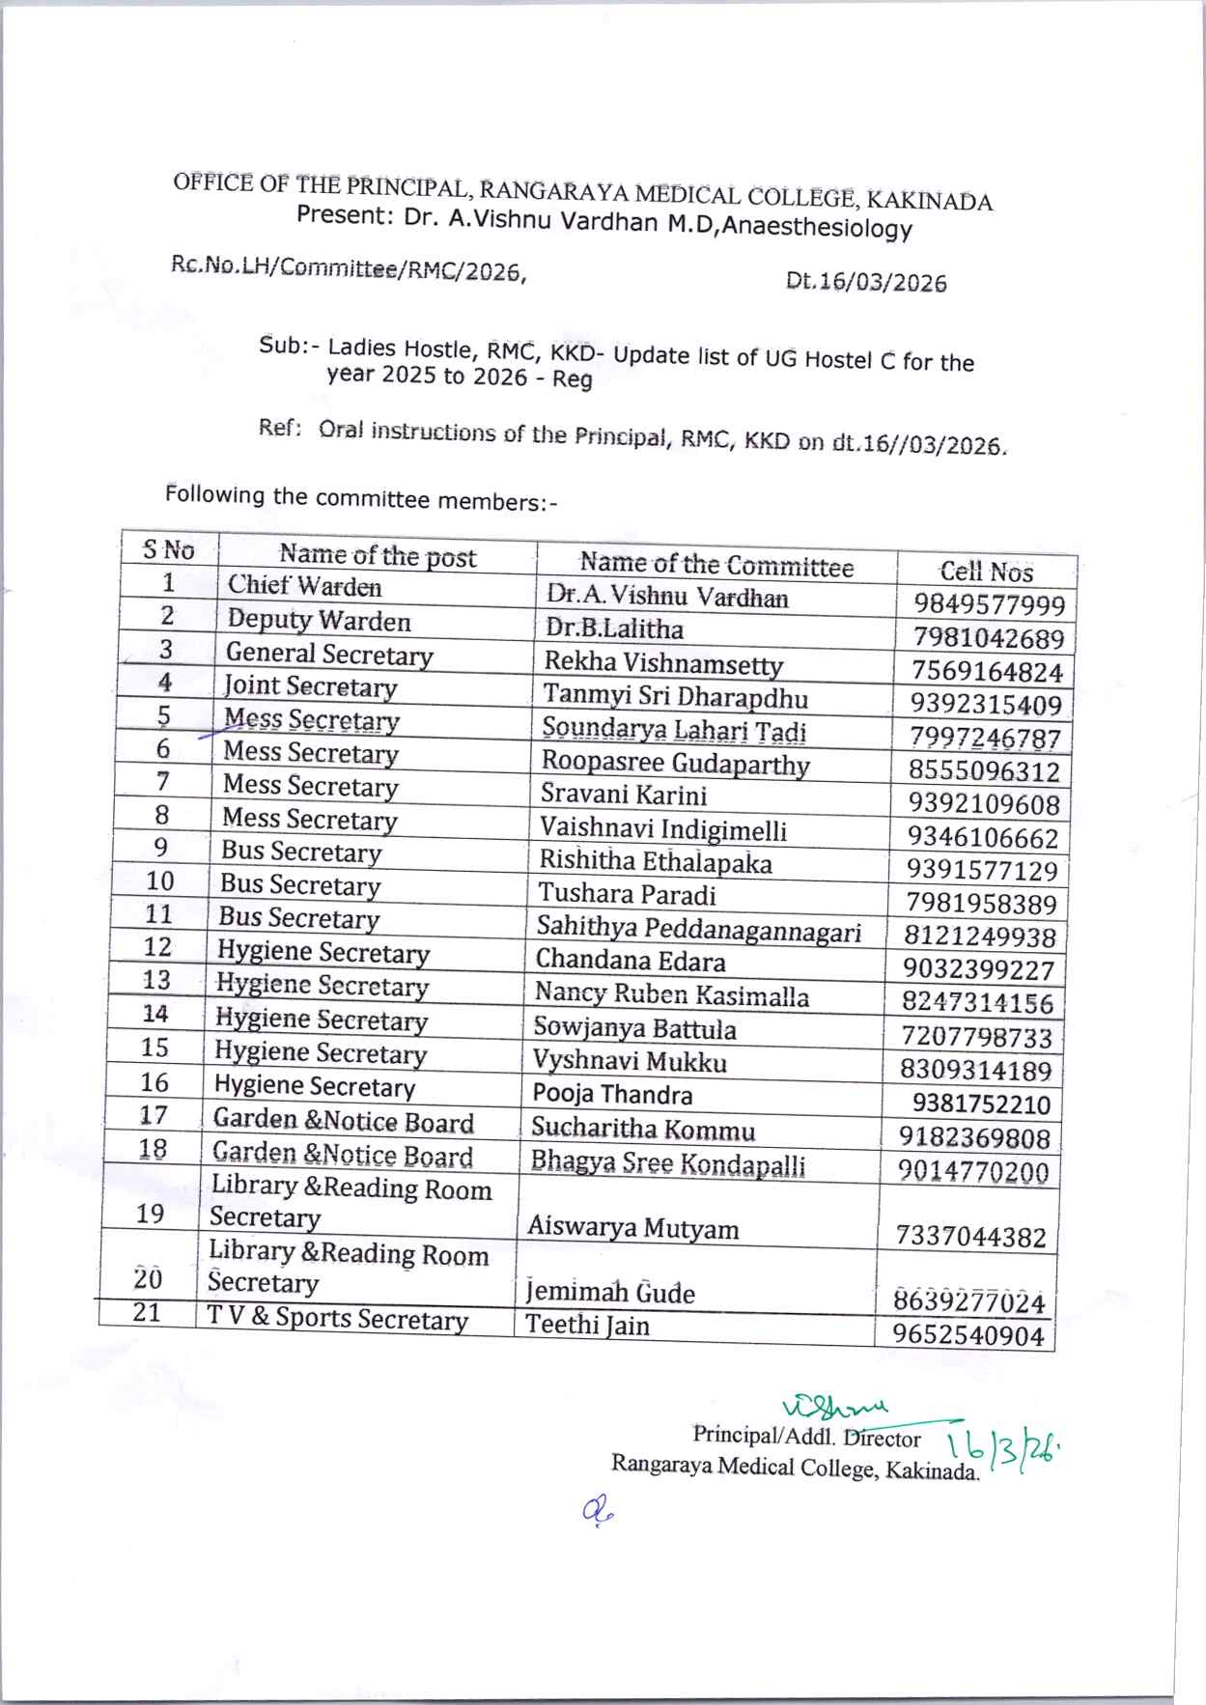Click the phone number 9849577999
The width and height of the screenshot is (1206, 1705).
[x=989, y=605]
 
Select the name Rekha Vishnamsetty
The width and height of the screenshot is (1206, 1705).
[x=663, y=663]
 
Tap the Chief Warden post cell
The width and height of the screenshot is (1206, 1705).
[x=304, y=586]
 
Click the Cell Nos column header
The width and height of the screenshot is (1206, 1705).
[x=986, y=572]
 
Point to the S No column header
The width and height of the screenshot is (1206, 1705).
[x=168, y=550]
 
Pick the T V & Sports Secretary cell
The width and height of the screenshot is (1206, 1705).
[x=338, y=1319]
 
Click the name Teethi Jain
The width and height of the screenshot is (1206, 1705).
[x=587, y=1325]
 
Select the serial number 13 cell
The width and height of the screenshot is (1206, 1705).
[x=155, y=980]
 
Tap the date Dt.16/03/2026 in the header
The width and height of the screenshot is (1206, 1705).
[x=866, y=282]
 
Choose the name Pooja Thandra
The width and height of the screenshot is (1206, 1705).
[x=612, y=1095]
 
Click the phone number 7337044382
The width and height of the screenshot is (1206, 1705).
[x=970, y=1237]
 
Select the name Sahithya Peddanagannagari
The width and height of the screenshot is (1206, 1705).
[x=698, y=929]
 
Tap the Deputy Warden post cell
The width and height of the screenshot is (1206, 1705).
[x=319, y=620]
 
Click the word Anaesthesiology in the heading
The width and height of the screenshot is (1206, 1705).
[x=824, y=228]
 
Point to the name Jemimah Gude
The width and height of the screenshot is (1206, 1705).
[x=609, y=1292]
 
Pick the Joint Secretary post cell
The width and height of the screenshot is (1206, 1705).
[x=310, y=686]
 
